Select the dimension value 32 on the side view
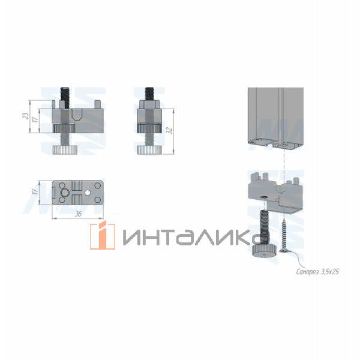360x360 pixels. (x=170, y=129)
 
